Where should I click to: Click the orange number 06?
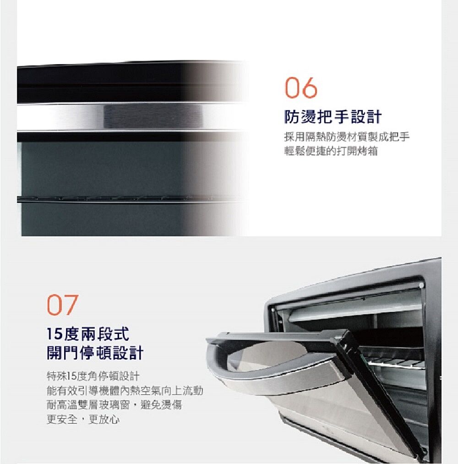click(x=300, y=87)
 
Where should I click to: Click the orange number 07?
click(x=63, y=305)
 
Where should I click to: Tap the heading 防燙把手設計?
click(x=333, y=117)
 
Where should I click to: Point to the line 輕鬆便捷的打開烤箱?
click(x=331, y=151)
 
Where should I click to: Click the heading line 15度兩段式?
click(x=88, y=334)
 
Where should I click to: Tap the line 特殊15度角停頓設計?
click(x=93, y=376)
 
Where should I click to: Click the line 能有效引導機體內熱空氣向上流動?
click(x=125, y=391)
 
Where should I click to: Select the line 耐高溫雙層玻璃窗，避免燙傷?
click(x=114, y=404)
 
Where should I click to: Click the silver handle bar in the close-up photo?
click(x=130, y=116)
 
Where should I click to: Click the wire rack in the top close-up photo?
click(x=130, y=199)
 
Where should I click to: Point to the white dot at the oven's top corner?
click(x=421, y=285)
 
